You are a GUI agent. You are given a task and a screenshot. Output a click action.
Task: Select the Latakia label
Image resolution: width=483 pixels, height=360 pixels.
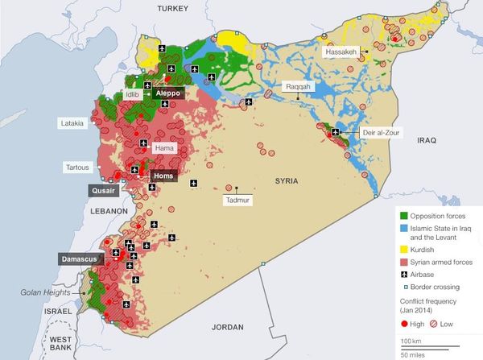pyautogui.click(x=72, y=123)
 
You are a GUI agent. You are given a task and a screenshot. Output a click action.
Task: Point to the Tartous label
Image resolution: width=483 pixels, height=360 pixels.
pyautogui.click(x=78, y=168)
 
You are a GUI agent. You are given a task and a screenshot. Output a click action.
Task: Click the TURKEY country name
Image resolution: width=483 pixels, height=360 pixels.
pyautogui.click(x=172, y=8)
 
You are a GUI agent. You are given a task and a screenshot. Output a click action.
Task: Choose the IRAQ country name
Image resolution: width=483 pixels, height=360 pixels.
pyautogui.click(x=426, y=140)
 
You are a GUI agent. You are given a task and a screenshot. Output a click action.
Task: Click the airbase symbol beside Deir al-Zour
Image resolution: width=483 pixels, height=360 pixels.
pyautogui.click(x=333, y=131)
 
